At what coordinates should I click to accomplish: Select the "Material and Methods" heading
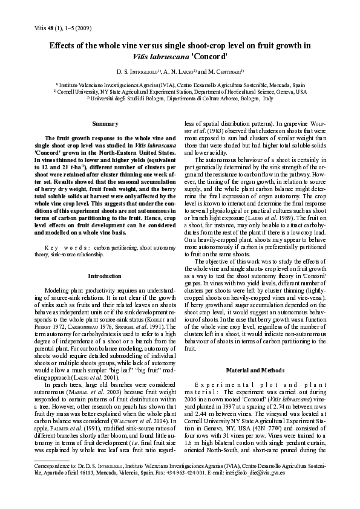249,369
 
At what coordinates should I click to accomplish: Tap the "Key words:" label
68,248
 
